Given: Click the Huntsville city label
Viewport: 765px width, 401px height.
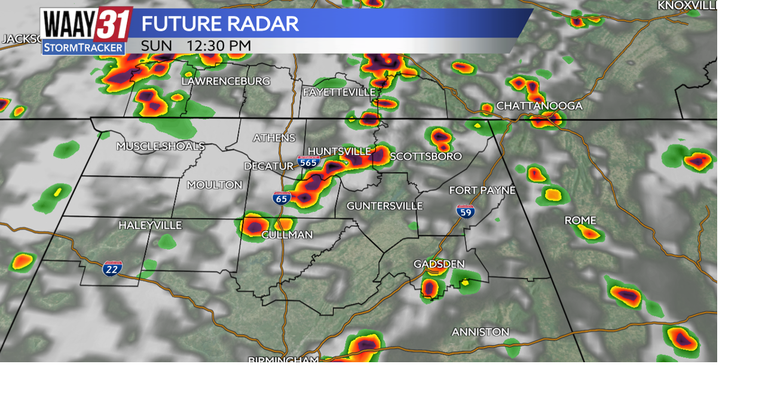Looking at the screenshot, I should [x=339, y=151].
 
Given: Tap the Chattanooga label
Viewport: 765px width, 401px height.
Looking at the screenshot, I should [x=539, y=106].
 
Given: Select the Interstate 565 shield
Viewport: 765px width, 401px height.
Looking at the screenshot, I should [x=308, y=162].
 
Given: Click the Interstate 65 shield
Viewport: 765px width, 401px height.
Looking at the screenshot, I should [x=282, y=198].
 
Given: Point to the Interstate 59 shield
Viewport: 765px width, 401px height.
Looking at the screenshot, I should [x=466, y=211].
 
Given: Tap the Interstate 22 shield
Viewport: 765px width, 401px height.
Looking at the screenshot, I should [x=112, y=268].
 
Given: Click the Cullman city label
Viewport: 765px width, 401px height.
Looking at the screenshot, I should [x=287, y=235].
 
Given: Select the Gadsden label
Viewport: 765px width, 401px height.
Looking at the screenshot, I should [x=439, y=264].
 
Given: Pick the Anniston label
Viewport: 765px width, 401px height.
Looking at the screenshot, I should [x=481, y=332].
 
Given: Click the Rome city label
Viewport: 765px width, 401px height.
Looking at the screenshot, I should [x=580, y=220].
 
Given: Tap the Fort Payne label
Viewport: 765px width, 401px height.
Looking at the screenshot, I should [x=482, y=190].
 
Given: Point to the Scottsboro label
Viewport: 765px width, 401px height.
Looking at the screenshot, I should [x=426, y=156].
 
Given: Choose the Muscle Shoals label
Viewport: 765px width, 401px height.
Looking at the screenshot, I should [x=160, y=146].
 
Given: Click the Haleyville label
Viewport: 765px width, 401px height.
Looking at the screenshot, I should [x=150, y=225].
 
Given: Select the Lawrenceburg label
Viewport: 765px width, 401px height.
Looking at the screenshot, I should [x=225, y=81].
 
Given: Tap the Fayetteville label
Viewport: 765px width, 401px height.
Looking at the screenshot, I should [x=339, y=92].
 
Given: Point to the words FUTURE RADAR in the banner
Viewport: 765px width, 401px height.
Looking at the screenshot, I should [x=220, y=24].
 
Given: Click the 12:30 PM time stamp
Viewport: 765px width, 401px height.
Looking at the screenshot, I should [x=219, y=46].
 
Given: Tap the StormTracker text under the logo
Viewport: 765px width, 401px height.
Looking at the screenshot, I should [x=84, y=47].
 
